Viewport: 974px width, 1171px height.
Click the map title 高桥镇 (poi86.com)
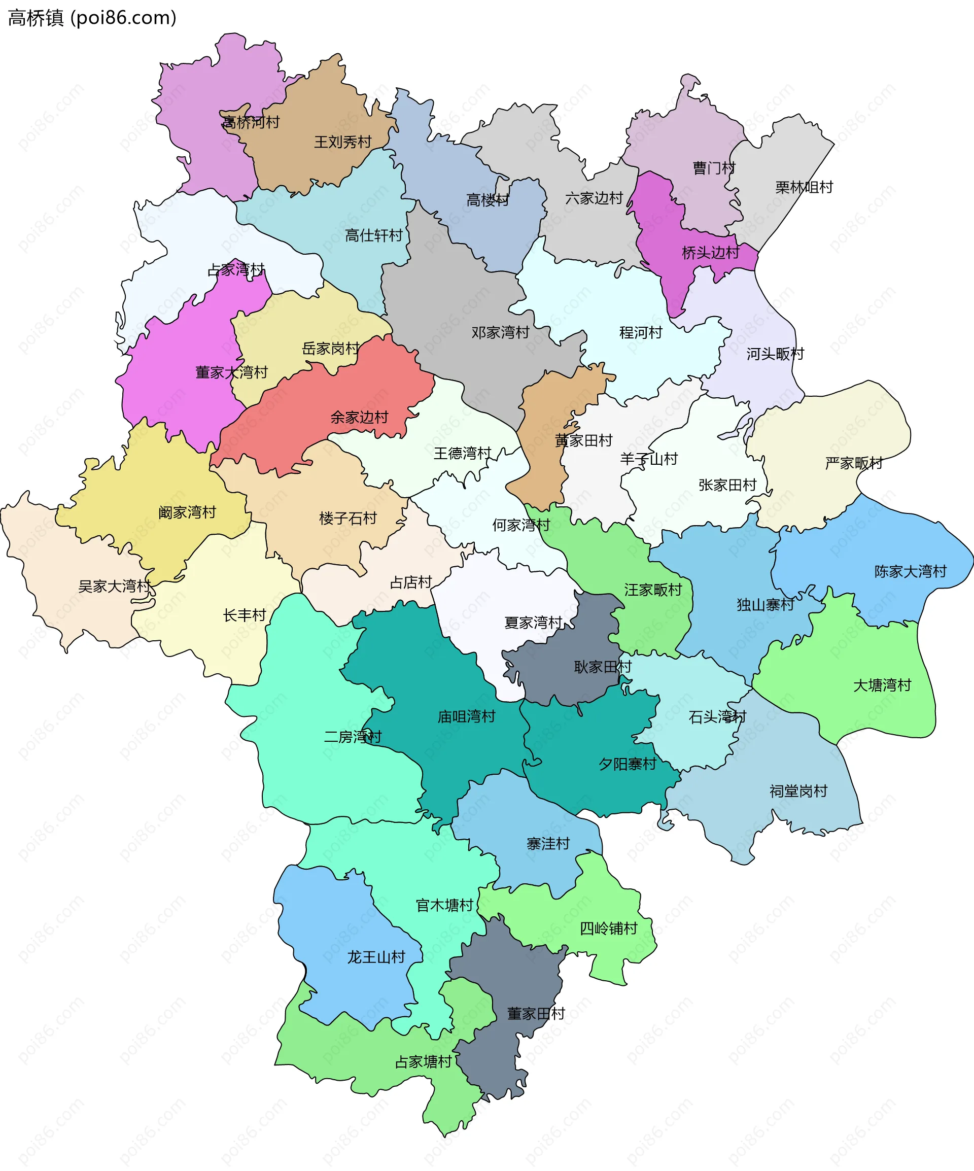92,18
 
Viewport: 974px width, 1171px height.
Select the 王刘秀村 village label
342,142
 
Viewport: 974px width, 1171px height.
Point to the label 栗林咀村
804,187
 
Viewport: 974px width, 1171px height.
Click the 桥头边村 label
710,253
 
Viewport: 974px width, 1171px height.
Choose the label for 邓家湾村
500,333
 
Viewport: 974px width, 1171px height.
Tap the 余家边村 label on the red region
359,418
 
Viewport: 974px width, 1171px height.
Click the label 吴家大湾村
114,587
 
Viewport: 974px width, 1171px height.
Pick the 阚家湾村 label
187,512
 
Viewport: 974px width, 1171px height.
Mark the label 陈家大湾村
910,572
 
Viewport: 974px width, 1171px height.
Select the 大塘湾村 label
882,685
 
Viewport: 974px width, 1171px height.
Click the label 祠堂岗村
798,791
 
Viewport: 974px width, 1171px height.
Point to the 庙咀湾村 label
466,716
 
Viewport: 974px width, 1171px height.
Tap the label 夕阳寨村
627,764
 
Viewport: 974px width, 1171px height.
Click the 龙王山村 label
376,957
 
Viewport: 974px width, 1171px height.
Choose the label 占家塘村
423,1062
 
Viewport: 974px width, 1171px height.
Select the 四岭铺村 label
608,928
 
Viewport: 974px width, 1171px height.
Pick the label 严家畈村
854,463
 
